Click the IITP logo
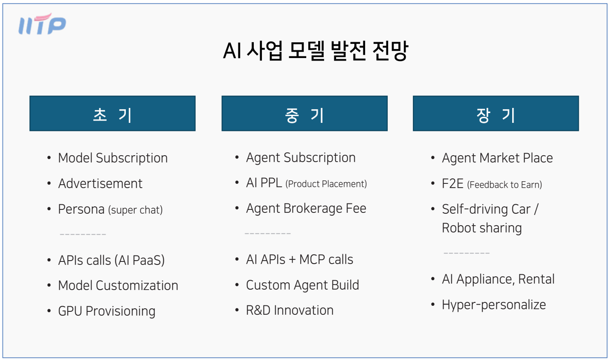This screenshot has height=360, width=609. (42, 24)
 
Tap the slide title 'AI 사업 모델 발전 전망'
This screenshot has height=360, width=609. (316, 51)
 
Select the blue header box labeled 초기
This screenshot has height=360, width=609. (113, 113)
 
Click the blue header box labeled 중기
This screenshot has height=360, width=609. (304, 113)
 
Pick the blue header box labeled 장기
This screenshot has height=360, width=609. (496, 113)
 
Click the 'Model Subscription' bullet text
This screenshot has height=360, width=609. (113, 158)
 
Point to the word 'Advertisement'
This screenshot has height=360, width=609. (100, 184)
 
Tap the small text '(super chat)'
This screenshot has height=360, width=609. (135, 210)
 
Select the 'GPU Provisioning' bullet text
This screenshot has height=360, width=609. (107, 311)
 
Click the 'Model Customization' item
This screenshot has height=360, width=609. (118, 286)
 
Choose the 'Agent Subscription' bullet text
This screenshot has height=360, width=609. (301, 158)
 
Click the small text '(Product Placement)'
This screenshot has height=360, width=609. (326, 184)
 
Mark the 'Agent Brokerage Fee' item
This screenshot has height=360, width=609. (306, 209)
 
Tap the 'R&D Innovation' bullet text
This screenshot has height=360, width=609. (290, 311)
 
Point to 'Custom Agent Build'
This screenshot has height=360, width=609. (302, 285)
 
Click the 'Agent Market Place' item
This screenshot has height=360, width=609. (497, 158)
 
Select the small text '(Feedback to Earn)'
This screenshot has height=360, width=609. (505, 185)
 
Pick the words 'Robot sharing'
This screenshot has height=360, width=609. (481, 228)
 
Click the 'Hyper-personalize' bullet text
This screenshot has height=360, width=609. (494, 305)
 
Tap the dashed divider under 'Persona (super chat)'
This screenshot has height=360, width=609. (83, 235)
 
